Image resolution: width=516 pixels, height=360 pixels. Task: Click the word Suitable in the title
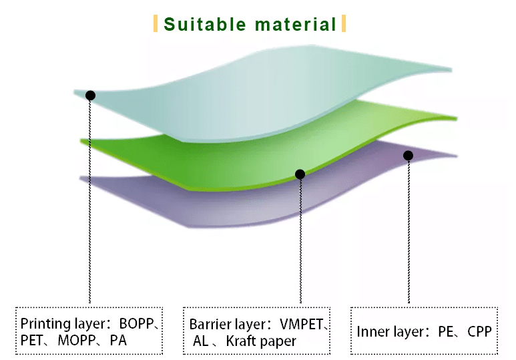[x=205, y=24]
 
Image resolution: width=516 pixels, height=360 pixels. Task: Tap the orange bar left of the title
[x=156, y=23]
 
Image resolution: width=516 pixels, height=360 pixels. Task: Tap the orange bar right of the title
[x=344, y=23]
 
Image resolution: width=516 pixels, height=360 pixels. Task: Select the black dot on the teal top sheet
[x=90, y=96]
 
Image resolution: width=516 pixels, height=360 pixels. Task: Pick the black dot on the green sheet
[x=300, y=174]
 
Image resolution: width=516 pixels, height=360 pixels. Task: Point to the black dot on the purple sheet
[x=408, y=156]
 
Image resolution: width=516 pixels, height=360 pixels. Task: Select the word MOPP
[x=77, y=341]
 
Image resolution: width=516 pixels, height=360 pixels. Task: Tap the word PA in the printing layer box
[x=118, y=341]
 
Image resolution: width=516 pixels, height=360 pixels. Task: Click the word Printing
[x=45, y=324]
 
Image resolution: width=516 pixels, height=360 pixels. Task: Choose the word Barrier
[x=210, y=325]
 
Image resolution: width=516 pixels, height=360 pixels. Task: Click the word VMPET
[x=302, y=325]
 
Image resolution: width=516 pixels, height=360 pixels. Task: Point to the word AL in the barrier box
[x=201, y=341]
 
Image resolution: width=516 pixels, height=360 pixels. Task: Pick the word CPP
[x=479, y=332]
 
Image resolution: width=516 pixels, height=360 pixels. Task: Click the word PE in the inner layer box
[x=446, y=332]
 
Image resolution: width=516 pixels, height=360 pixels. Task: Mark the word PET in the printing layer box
[x=31, y=341]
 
